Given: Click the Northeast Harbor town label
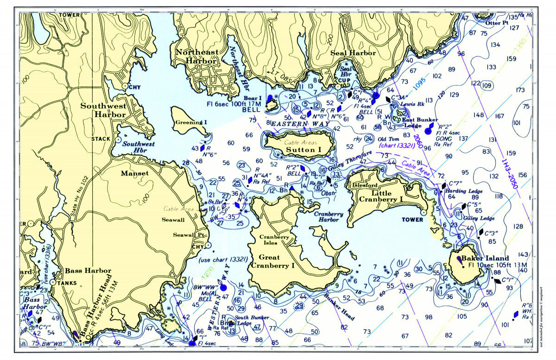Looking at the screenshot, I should (196, 56).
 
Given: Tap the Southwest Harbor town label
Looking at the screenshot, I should (103, 109).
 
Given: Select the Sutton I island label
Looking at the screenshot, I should (303, 150).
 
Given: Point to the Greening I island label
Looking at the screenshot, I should (191, 122).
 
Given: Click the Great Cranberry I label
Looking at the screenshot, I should (272, 261).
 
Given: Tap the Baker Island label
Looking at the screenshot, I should (485, 258).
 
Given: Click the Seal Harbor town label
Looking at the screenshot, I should (353, 53).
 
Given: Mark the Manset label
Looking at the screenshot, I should (134, 173).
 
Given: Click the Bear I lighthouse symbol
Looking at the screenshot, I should (270, 99).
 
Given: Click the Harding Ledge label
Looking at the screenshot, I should (464, 191).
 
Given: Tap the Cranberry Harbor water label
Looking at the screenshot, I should (329, 217).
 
